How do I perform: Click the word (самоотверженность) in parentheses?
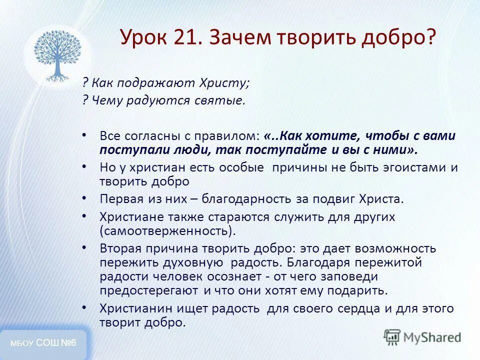tap(167, 231)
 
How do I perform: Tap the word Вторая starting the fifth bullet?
tap(120, 248)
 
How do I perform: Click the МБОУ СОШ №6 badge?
tap(43, 343)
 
